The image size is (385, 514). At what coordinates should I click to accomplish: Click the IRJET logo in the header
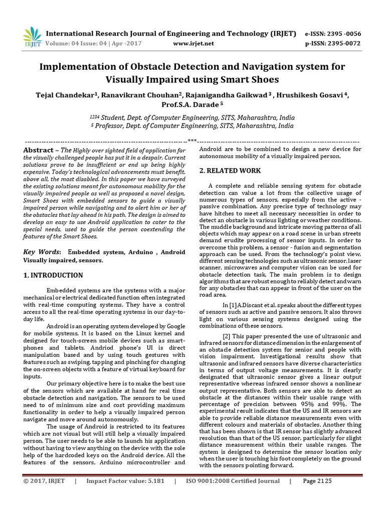(32, 37)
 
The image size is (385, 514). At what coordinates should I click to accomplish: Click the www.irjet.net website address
(193, 43)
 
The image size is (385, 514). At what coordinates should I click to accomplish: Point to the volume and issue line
(94, 43)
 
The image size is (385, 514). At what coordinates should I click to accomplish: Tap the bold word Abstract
(39, 150)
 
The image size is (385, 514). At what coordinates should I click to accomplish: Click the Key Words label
(42, 251)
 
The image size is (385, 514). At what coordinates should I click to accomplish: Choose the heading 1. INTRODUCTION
(53, 275)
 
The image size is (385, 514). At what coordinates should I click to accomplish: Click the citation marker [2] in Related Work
(227, 336)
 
